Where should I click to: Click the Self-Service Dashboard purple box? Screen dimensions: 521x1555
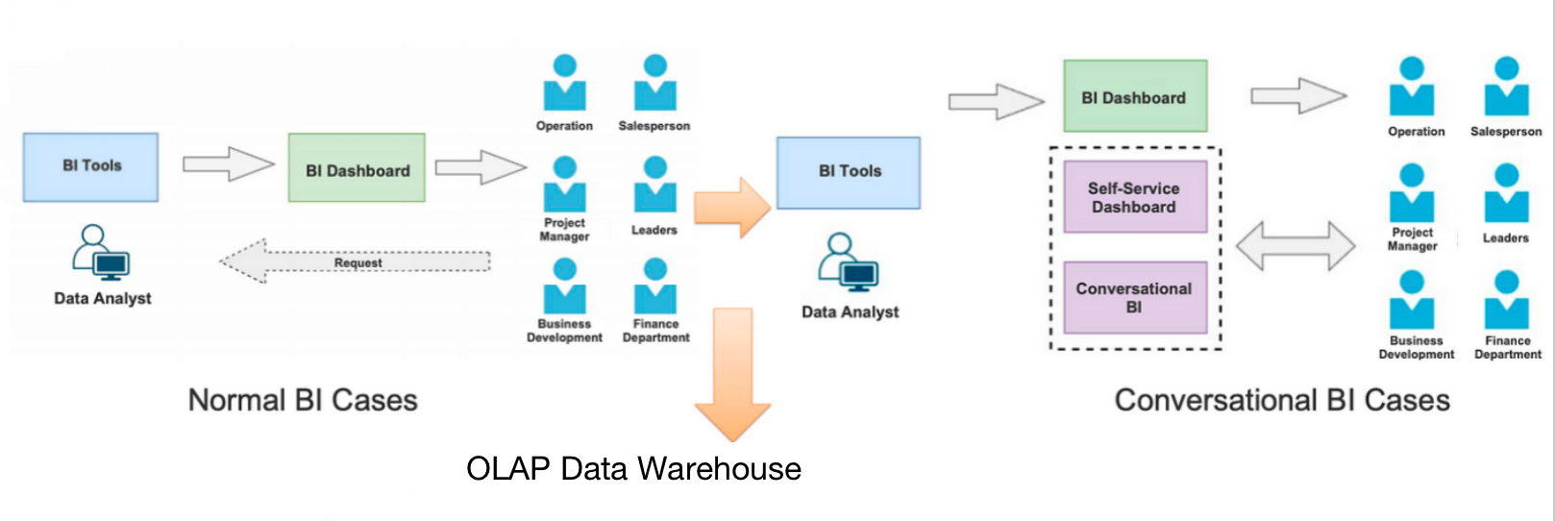tap(1134, 197)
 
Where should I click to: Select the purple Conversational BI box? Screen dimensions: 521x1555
tap(1134, 297)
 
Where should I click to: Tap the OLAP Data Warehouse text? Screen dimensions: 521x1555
tap(633, 469)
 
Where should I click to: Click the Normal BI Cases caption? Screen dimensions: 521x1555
tap(303, 400)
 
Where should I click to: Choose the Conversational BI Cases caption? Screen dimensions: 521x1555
tap(1281, 400)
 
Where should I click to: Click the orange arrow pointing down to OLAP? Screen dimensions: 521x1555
tap(733, 370)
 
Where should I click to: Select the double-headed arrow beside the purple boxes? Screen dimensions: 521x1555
tap(1295, 246)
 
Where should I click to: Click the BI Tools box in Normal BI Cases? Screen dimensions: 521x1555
tap(90, 166)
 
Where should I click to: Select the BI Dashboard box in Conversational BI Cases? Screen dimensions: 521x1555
tap(1134, 96)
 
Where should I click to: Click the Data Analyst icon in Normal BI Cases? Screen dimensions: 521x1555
tap(100, 252)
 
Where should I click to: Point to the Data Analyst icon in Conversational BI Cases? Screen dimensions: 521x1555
tap(848, 261)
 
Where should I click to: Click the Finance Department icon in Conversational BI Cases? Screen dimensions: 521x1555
tap(1506, 301)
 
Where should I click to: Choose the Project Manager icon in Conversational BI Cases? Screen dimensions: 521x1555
tap(1411, 194)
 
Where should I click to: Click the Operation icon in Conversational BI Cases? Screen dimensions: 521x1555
tap(1411, 88)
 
